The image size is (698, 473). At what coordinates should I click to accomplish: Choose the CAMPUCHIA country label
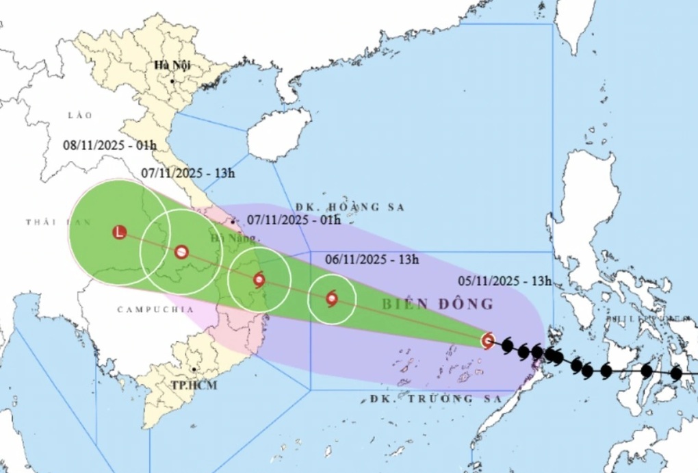pyautogui.click(x=155, y=309)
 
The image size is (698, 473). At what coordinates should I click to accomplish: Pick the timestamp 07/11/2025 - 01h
pyautogui.click(x=294, y=220)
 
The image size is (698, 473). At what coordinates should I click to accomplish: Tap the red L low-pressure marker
pyautogui.click(x=120, y=232)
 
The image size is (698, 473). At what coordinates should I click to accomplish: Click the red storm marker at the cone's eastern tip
pyautogui.click(x=488, y=340)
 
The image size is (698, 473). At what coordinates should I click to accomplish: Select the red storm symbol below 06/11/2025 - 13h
pyautogui.click(x=332, y=298)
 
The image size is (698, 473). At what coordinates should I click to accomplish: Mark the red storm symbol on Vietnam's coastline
pyautogui.click(x=259, y=279)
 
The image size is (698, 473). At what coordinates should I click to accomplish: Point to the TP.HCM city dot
pyautogui.click(x=195, y=370)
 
